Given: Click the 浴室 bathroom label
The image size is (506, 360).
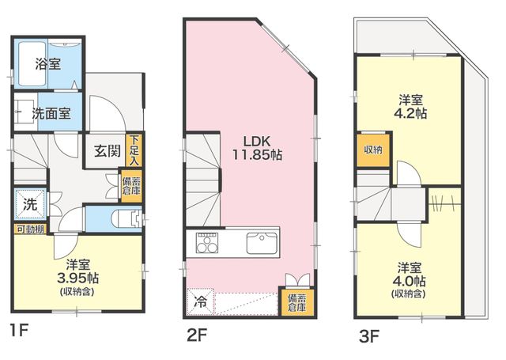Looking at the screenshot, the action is pos(48,64).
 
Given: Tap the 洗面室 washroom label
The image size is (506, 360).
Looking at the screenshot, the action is pos(51,113).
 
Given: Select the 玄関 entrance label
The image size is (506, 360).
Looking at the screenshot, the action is pos(108,151).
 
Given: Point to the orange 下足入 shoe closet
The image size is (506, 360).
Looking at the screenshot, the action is pos(134,150).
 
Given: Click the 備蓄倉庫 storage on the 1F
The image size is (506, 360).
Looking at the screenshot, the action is pos(131,186).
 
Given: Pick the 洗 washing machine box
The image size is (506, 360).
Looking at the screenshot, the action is pos(30,203).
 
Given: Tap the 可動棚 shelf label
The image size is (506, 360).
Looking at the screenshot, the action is pos(30,229).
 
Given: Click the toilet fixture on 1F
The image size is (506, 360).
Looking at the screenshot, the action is pos(126,219).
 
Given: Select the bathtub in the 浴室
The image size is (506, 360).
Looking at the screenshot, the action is pos(32,64).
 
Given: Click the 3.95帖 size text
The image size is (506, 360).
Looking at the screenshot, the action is pos(77,278).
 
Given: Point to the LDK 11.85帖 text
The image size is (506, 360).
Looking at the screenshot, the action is pos(257,149).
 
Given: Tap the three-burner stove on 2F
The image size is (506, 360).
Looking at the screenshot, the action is pos(207,243).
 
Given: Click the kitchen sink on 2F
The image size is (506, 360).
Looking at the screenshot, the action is pos(262,243).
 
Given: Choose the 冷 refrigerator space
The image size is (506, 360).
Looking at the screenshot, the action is pos(200,302).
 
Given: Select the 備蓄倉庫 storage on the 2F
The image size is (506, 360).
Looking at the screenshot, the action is pos(297,301).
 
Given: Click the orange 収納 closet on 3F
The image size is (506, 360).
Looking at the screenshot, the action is pos(373,150).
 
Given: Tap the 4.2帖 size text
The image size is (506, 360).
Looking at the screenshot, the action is pos(410,113).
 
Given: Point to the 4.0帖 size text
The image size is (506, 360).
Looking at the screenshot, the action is pos(409,281).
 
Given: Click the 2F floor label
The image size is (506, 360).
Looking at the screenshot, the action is pos(197,335).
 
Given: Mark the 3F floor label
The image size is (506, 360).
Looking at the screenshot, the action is pos(369,336).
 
